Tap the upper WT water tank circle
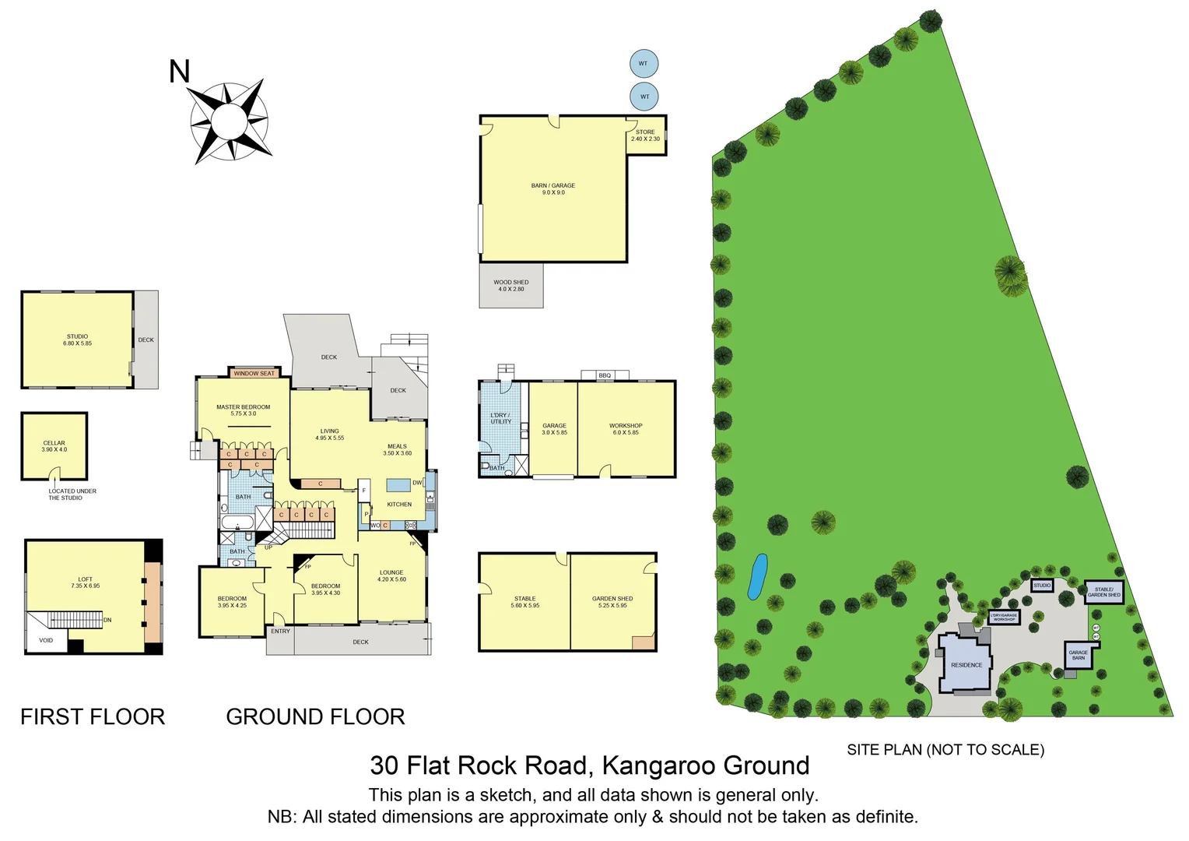point(644,64)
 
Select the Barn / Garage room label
point(553,189)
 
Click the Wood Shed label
point(511,286)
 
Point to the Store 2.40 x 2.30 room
point(646,135)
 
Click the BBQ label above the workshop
point(605,375)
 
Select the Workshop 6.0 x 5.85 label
point(626,429)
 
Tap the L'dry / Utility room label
point(500,418)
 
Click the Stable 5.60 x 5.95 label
point(525,602)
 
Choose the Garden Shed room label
point(612,602)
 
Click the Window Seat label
point(254,374)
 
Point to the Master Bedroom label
point(244,410)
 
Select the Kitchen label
point(399,505)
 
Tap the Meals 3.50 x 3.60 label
point(397,449)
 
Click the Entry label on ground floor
point(280,632)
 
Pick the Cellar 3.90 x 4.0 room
point(54,446)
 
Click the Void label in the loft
point(46,641)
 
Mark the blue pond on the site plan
point(757,576)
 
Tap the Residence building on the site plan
point(966,665)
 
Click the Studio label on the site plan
point(1042,586)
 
